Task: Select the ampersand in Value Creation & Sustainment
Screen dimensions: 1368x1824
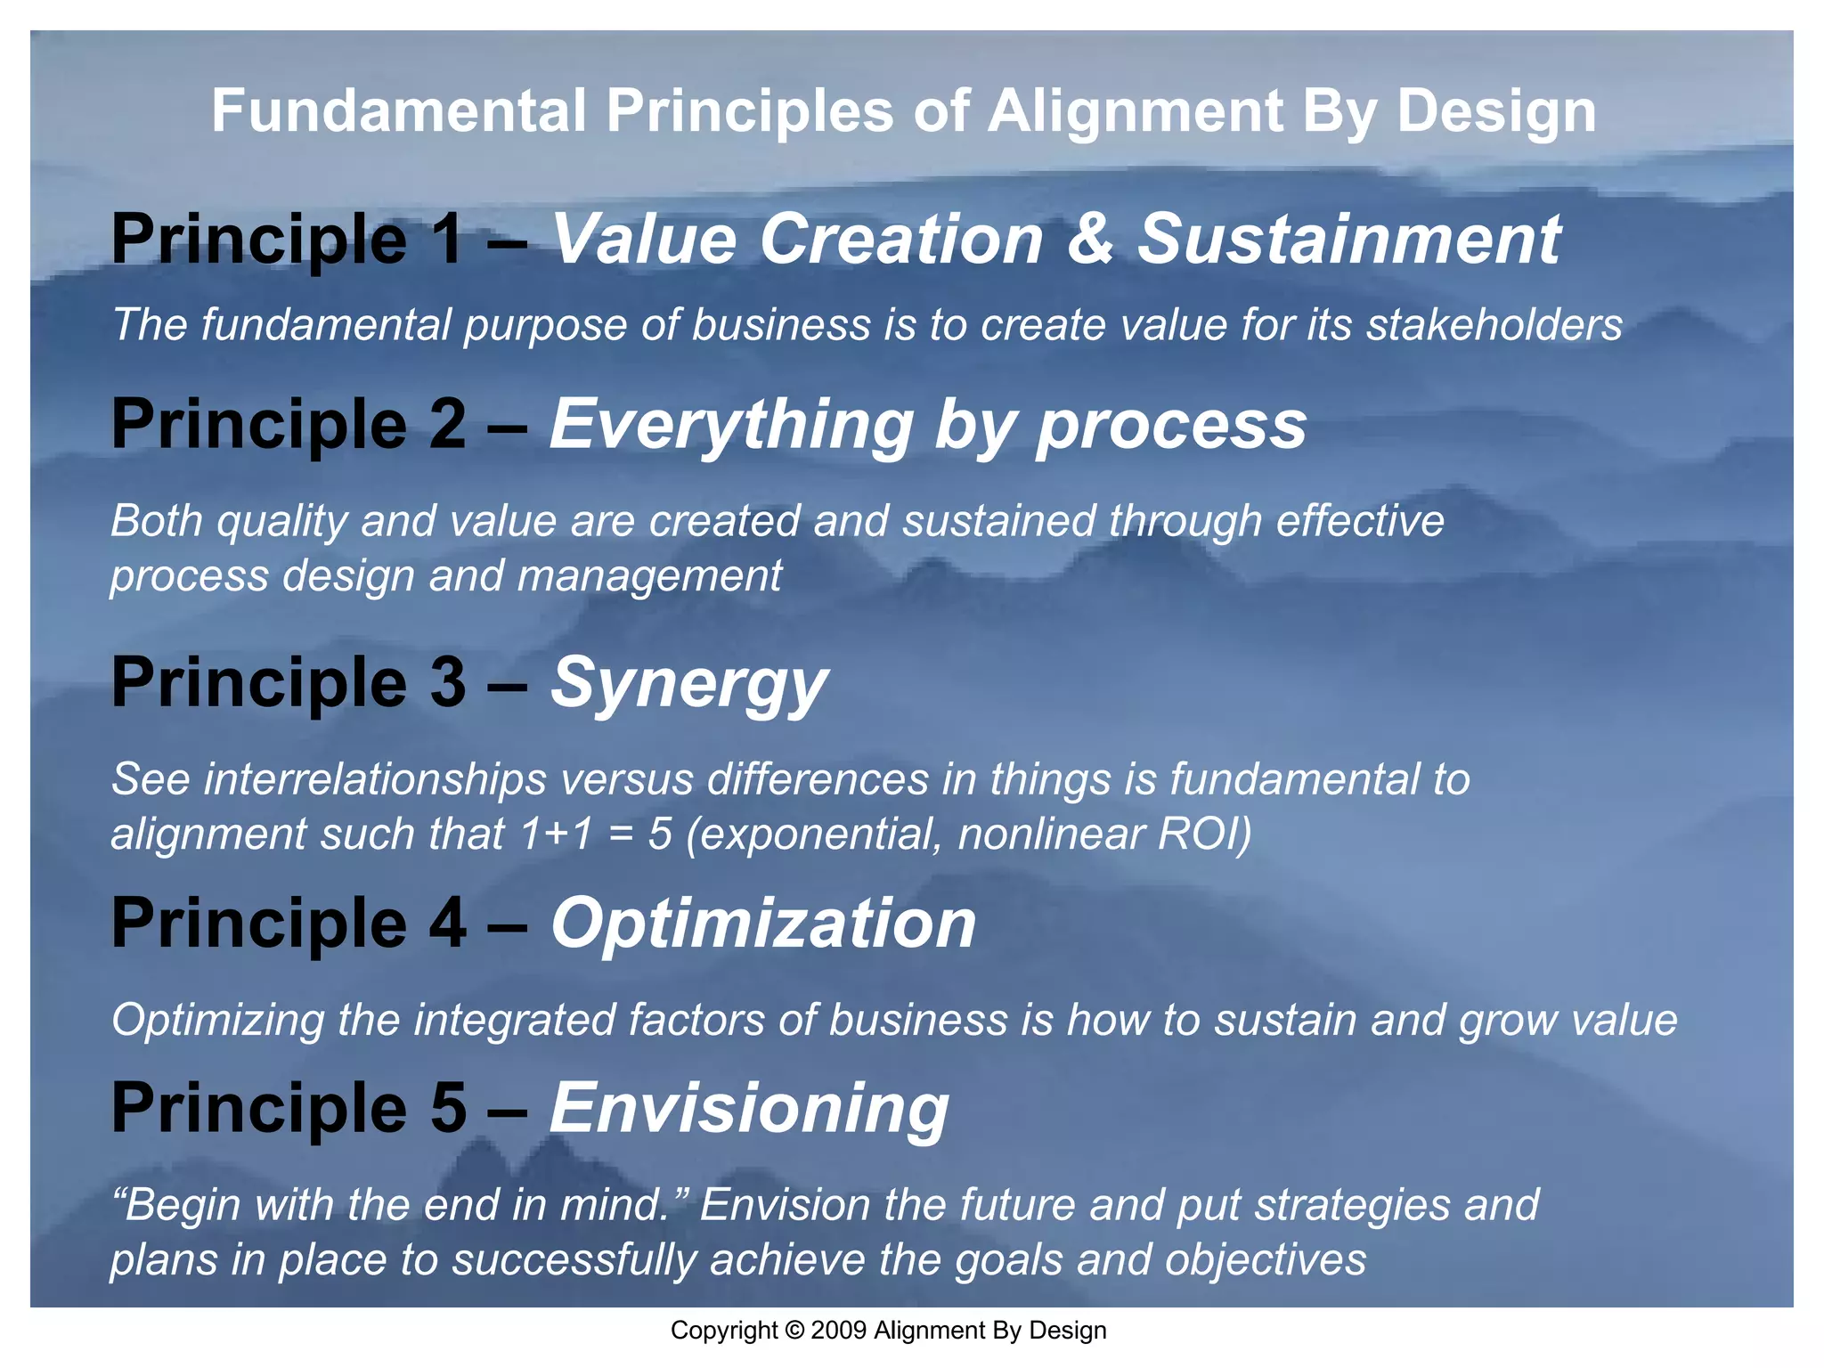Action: coord(1089,239)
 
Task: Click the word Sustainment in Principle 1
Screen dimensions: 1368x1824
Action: coord(1348,239)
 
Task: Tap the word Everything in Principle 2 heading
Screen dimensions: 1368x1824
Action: coord(730,426)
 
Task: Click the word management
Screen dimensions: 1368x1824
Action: coord(649,576)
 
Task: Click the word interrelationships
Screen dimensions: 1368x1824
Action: coord(374,779)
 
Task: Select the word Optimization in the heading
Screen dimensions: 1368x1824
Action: coord(763,923)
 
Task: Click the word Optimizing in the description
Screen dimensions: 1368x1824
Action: coord(217,1021)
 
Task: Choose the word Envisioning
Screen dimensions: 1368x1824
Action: coord(749,1108)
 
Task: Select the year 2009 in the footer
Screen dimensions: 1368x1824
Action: coord(839,1331)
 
